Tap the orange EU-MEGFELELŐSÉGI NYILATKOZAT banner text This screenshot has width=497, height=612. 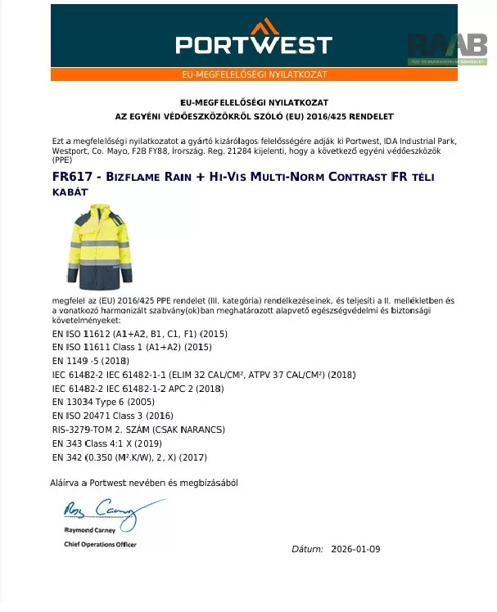254,74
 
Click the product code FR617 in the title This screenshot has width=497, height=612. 69,176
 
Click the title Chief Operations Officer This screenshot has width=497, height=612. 100,544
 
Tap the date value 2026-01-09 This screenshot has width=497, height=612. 355,549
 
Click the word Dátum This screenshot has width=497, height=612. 307,549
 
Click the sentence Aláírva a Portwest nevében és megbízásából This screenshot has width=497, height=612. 144,483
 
